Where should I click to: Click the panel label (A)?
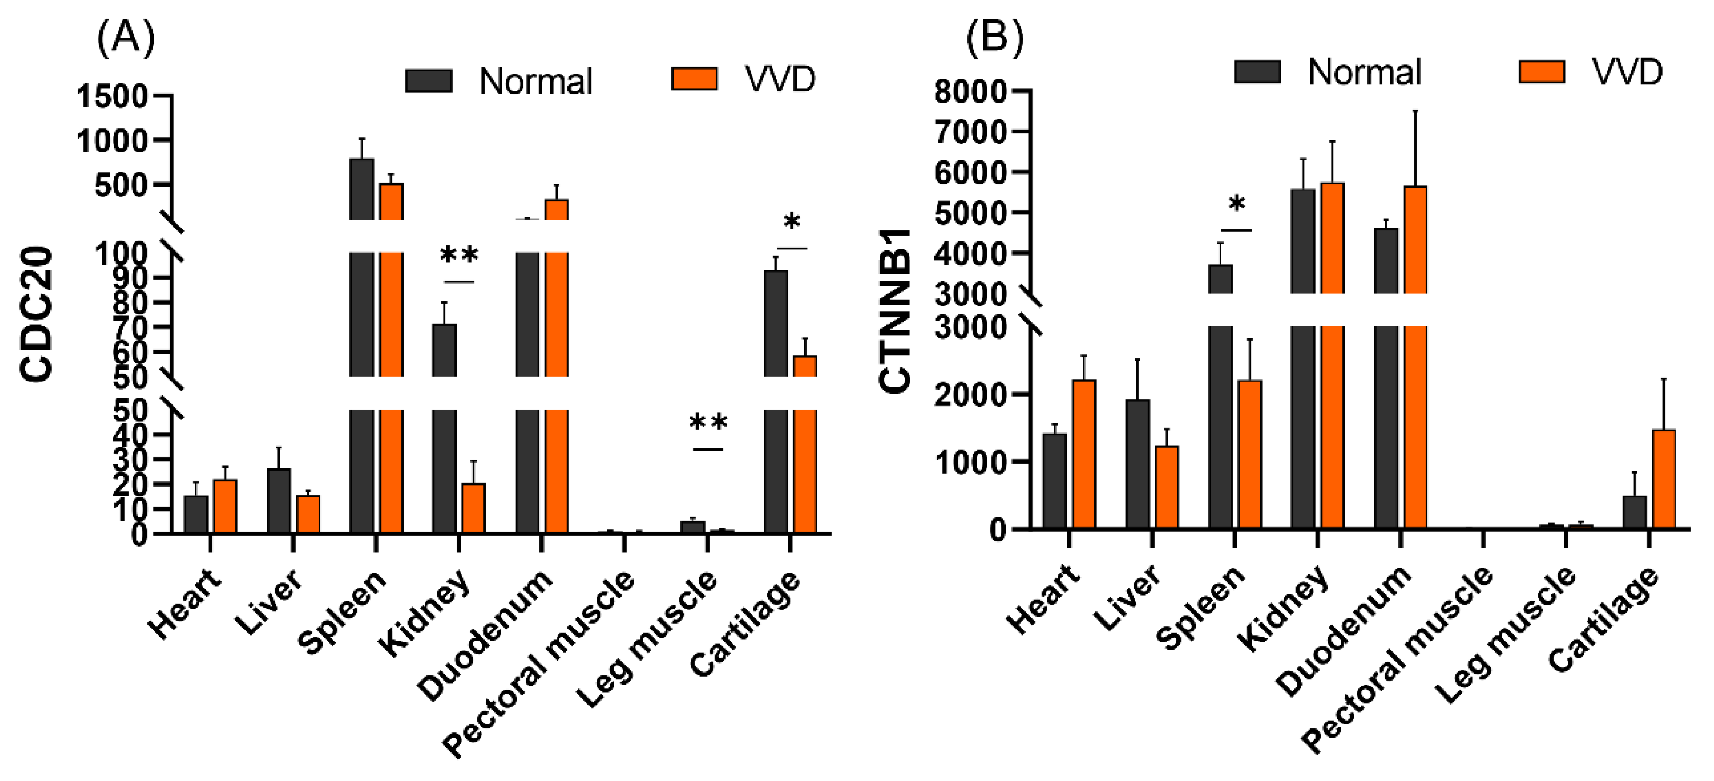tap(126, 38)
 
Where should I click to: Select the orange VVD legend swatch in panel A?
tap(694, 79)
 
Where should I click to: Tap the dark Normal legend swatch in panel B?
tap(1257, 72)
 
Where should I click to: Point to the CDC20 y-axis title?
tap(37, 314)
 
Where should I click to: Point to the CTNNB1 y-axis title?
tap(894, 310)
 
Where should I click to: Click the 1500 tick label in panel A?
tap(112, 96)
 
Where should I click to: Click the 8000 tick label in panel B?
tap(970, 91)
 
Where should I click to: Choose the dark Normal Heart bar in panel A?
tap(195, 514)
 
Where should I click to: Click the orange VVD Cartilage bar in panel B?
tap(1663, 479)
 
